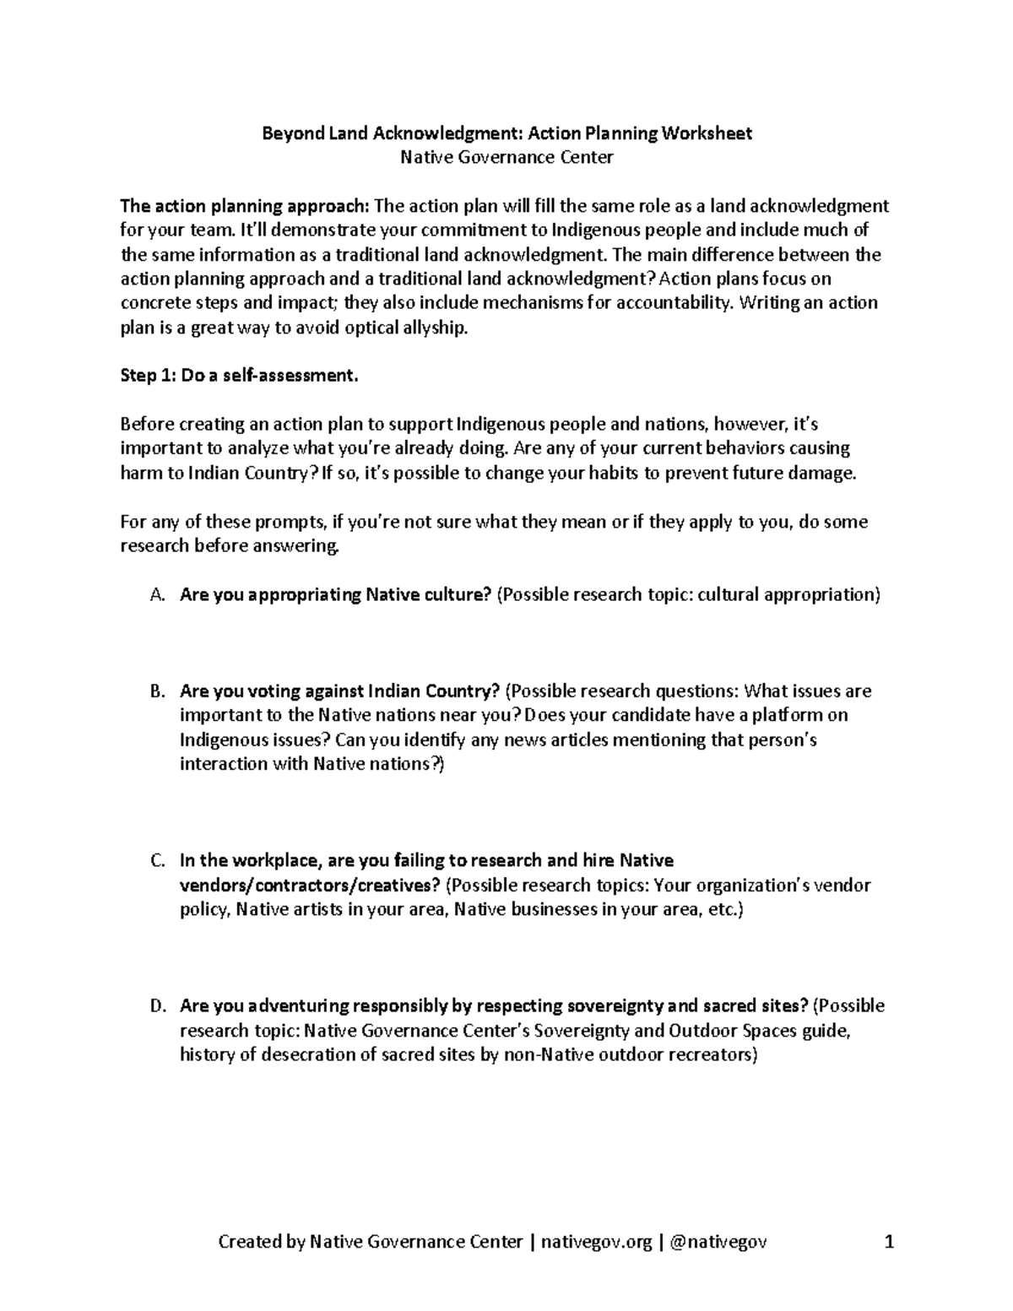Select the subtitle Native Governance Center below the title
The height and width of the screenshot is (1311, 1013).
pos(506,157)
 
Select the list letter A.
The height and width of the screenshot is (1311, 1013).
pos(155,595)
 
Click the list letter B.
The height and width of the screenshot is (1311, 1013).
pos(155,691)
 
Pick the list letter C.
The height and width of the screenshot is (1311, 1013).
pos(155,861)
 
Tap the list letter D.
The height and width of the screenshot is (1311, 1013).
pos(155,1006)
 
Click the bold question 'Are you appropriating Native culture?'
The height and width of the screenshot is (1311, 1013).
pos(335,595)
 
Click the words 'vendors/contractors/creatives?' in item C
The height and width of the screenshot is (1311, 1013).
pos(309,886)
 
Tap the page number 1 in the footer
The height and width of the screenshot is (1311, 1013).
pos(888,1242)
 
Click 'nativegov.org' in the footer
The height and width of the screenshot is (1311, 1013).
pos(596,1242)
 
